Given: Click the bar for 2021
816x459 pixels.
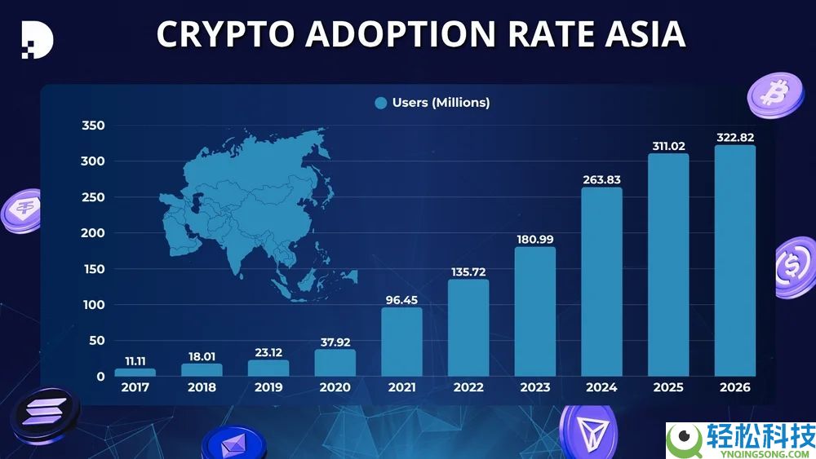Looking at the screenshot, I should (401, 342).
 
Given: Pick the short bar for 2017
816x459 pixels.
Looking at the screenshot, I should (135, 373).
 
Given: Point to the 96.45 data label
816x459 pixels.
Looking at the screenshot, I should (401, 299).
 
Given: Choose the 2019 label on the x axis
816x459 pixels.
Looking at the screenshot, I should (268, 388).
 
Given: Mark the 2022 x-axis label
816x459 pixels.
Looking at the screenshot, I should (468, 388).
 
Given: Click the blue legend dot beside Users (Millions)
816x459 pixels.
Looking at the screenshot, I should (380, 103).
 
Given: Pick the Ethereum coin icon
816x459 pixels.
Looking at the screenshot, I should (234, 444).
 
